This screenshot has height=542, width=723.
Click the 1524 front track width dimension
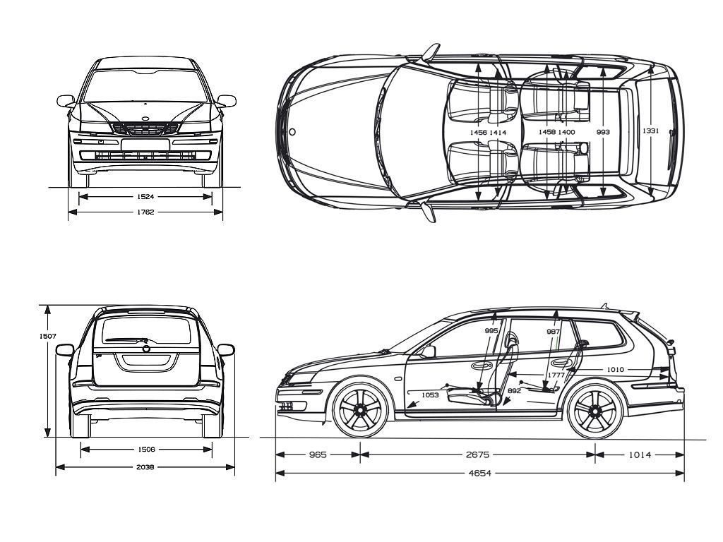tap(146, 196)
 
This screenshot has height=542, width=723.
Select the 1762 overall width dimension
tap(146, 212)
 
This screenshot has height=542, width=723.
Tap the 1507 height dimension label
tap(47, 336)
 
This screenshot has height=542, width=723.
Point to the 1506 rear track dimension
tap(146, 449)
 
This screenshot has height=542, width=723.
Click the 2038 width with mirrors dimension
tap(146, 466)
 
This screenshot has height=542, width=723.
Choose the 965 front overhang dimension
tap(318, 455)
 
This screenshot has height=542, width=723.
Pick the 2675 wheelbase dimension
tap(477, 455)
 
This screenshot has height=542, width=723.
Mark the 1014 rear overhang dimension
tap(640, 455)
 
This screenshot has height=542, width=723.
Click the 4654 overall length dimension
tap(479, 473)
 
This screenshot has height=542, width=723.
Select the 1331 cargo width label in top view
tap(650, 132)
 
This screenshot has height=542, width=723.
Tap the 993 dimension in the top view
tap(603, 132)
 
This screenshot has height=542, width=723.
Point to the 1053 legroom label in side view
tap(430, 395)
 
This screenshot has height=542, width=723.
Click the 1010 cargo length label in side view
tap(616, 369)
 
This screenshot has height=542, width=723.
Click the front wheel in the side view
tap(360, 410)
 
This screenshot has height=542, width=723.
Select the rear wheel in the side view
tap(595, 410)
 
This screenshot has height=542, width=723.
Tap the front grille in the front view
tap(145, 129)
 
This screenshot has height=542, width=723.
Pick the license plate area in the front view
tap(145, 145)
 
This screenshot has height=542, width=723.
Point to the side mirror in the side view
tap(429, 351)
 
